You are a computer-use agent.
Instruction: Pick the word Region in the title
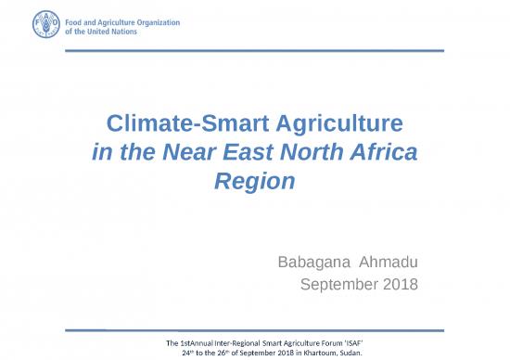click(x=255, y=181)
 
